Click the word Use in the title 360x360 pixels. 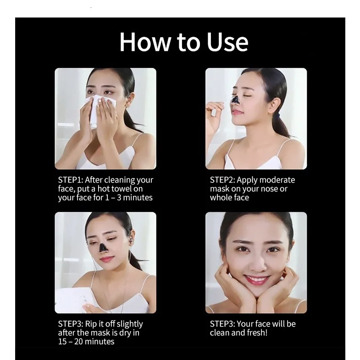[227, 42]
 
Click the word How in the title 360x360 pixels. [145, 42]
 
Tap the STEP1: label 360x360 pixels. [71, 180]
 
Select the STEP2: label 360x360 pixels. [222, 180]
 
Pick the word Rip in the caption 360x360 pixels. [91, 324]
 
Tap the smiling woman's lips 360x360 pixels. [256, 279]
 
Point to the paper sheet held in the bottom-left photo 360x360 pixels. [76, 299]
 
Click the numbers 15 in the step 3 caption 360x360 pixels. [62, 342]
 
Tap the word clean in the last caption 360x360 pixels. [220, 332]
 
